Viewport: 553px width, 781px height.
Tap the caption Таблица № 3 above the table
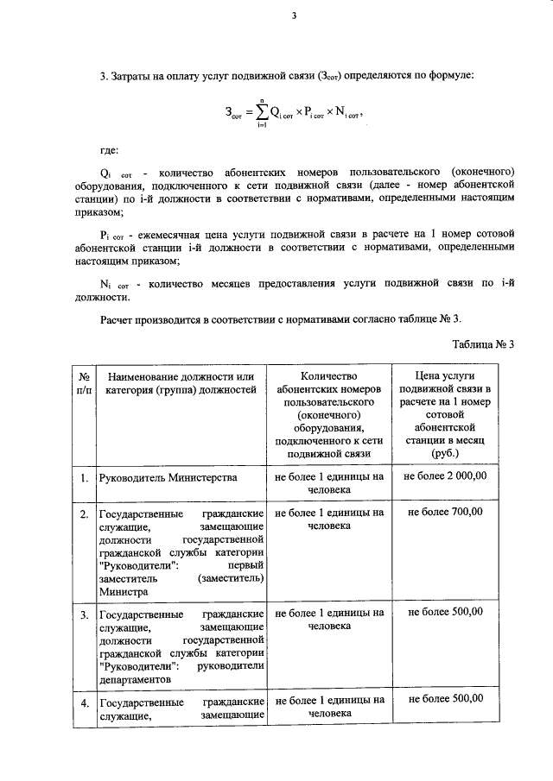click(483, 343)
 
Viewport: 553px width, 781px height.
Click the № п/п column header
click(84, 383)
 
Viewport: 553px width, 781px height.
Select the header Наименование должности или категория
click(179, 383)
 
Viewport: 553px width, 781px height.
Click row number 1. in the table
click(84, 477)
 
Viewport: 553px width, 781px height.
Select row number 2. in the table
click(84, 514)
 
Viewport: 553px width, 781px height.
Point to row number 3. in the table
click(84, 614)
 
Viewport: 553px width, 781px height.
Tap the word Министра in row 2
click(122, 593)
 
